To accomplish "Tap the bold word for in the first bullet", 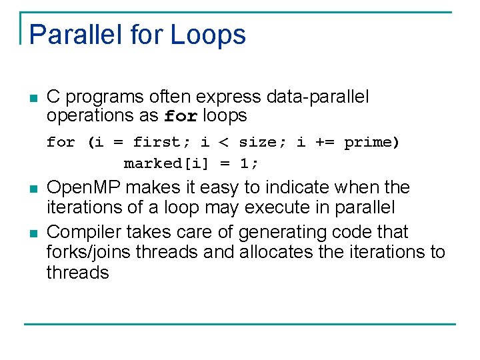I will (181, 117).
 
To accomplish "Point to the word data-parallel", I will (317, 97).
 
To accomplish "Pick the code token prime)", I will (371, 143).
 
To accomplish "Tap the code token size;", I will (257, 143).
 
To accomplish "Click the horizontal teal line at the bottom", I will (240, 324).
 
